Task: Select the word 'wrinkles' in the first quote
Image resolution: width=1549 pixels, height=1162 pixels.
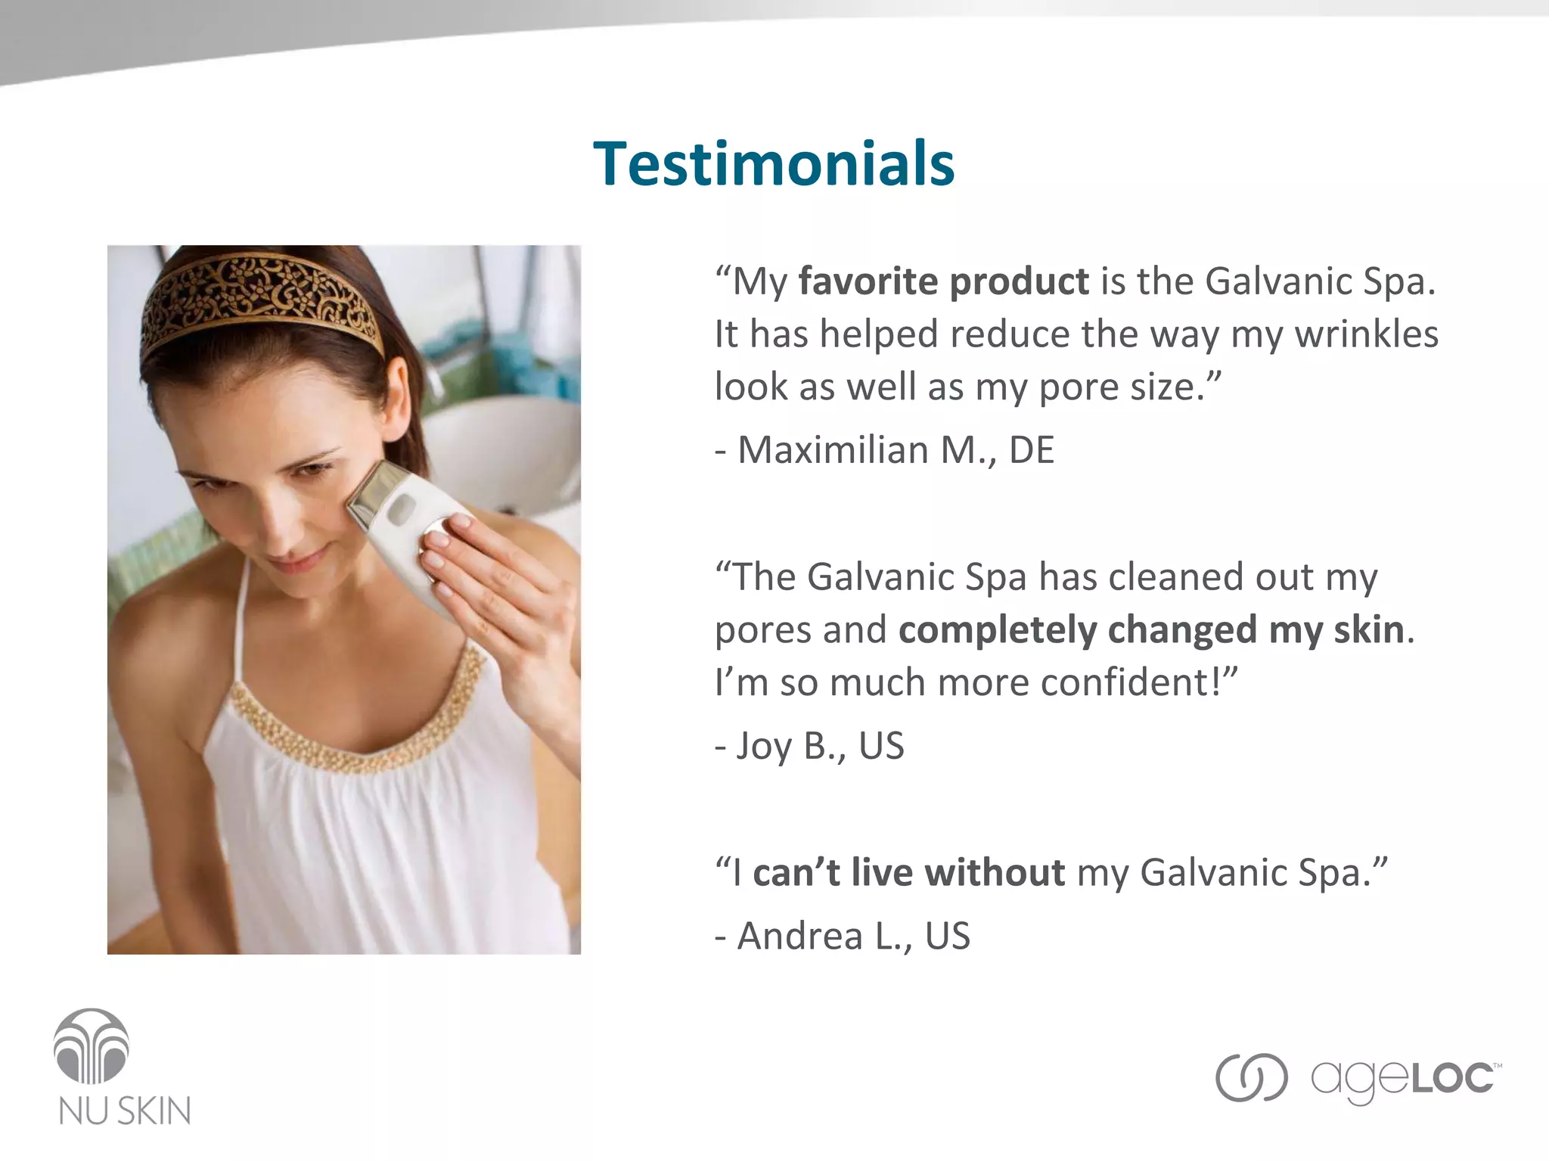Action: [1367, 334]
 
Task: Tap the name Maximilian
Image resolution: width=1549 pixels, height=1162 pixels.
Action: [833, 450]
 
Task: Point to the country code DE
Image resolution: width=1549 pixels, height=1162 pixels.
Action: [1031, 450]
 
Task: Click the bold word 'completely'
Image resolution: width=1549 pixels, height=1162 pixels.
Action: [997, 630]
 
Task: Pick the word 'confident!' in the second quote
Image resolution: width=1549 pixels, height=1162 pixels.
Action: [1139, 682]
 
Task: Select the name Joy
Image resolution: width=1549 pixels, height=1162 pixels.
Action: [764, 747]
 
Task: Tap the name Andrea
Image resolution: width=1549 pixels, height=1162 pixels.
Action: [800, 936]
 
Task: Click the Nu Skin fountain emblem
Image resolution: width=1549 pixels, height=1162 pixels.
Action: [92, 1046]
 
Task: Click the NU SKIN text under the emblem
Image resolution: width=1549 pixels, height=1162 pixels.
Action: [125, 1111]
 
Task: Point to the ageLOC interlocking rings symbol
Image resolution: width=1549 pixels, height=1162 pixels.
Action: [1251, 1077]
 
